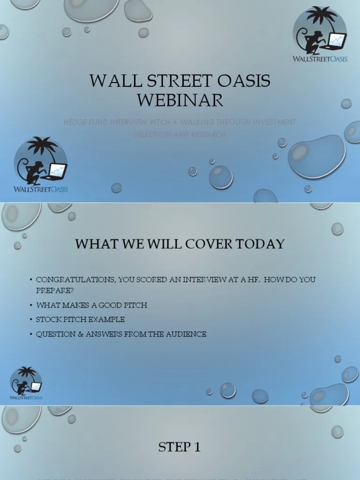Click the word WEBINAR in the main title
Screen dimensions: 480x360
coord(180,100)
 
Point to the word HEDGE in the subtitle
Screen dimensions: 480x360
coord(76,122)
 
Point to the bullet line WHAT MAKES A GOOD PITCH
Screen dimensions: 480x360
coord(92,305)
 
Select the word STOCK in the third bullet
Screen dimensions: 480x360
coord(48,320)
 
